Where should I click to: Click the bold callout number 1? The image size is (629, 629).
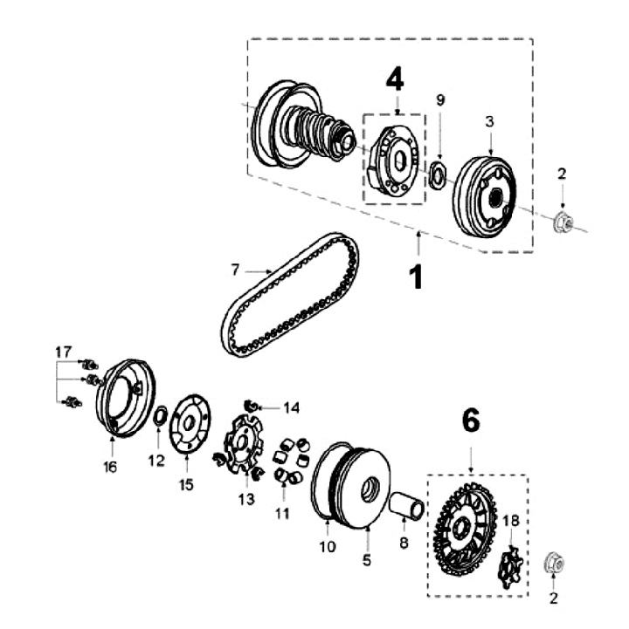tap(417, 277)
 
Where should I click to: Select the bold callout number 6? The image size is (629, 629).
tap(471, 422)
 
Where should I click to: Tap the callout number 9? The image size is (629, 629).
tap(440, 100)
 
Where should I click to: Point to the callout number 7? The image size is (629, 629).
tap(235, 270)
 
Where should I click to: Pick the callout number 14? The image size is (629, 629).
tap(291, 407)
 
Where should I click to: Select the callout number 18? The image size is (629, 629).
tap(512, 521)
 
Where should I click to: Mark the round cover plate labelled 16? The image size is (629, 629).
tap(123, 397)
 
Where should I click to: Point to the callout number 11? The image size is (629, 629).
tap(281, 513)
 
